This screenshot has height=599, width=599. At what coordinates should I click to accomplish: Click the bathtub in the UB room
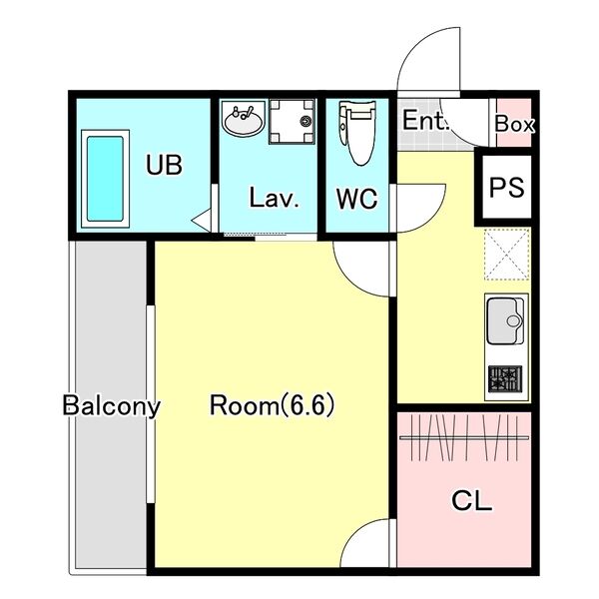pyautogui.click(x=105, y=179)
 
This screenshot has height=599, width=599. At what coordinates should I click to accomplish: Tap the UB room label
pyautogui.click(x=165, y=165)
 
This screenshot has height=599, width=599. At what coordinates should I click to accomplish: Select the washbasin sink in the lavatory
pyautogui.click(x=243, y=119)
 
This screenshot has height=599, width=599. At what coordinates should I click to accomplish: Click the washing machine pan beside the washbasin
pyautogui.click(x=292, y=122)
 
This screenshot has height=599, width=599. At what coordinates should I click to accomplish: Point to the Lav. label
pyautogui.click(x=274, y=198)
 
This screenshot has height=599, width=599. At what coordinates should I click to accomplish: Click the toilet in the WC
pyautogui.click(x=357, y=133)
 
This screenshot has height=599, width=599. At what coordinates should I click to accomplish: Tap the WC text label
pyautogui.click(x=356, y=199)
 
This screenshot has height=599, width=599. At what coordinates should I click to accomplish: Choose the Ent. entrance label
pyautogui.click(x=425, y=120)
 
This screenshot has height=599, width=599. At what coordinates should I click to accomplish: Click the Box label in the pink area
pyautogui.click(x=514, y=124)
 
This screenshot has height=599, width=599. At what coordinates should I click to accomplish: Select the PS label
pyautogui.click(x=506, y=188)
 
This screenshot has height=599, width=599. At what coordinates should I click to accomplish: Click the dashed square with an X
pyautogui.click(x=507, y=254)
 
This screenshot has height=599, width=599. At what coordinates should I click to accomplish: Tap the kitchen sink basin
pyautogui.click(x=506, y=320)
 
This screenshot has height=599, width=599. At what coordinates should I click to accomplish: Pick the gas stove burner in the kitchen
pyautogui.click(x=505, y=379)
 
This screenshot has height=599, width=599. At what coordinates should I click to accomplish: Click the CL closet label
pyautogui.click(x=472, y=501)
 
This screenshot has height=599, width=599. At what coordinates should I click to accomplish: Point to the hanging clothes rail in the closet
pyautogui.click(x=464, y=437)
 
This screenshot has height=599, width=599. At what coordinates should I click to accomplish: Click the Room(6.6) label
pyautogui.click(x=272, y=405)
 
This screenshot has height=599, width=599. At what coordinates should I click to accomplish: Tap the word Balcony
pyautogui.click(x=111, y=406)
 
